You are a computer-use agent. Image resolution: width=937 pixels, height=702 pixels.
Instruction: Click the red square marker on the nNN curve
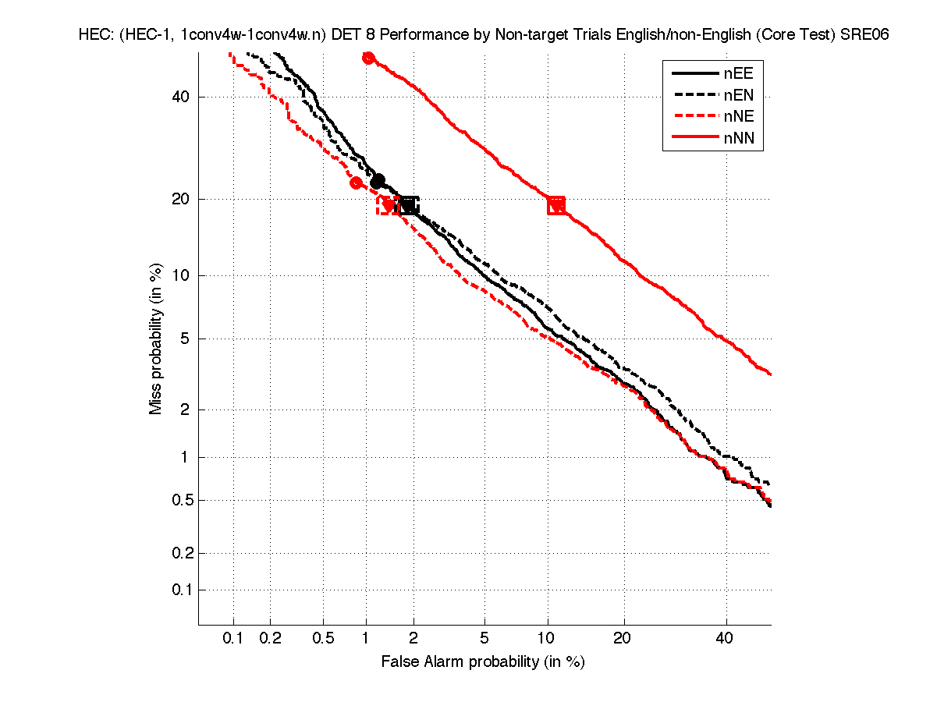pos(556,206)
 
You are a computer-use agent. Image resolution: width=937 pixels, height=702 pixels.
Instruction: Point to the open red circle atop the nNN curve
pos(368,58)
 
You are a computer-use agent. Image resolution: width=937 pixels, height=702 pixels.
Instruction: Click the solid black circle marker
pos(378,181)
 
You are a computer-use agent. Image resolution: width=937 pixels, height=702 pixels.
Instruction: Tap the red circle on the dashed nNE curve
pos(357,183)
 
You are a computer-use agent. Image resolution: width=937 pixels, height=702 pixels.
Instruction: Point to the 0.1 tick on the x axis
pos(233,639)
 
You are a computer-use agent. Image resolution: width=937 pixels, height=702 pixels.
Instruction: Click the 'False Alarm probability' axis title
pos(483,662)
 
